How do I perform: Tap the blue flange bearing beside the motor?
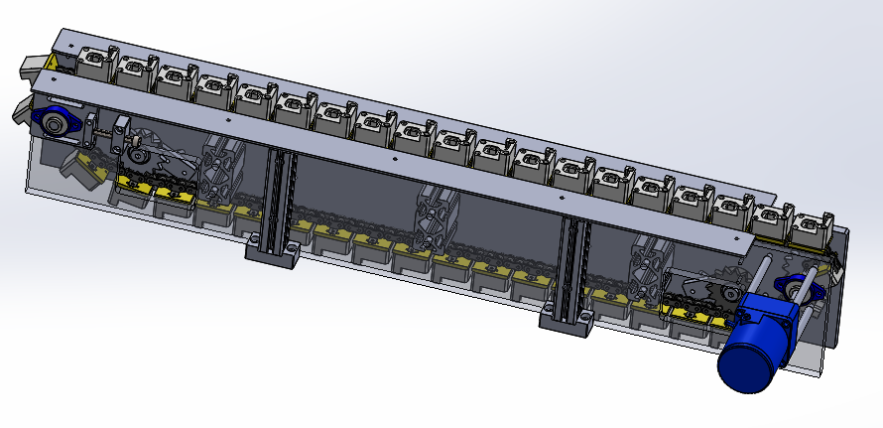800,291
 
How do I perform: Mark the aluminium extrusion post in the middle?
436,214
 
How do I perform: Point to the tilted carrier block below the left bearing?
76,167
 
